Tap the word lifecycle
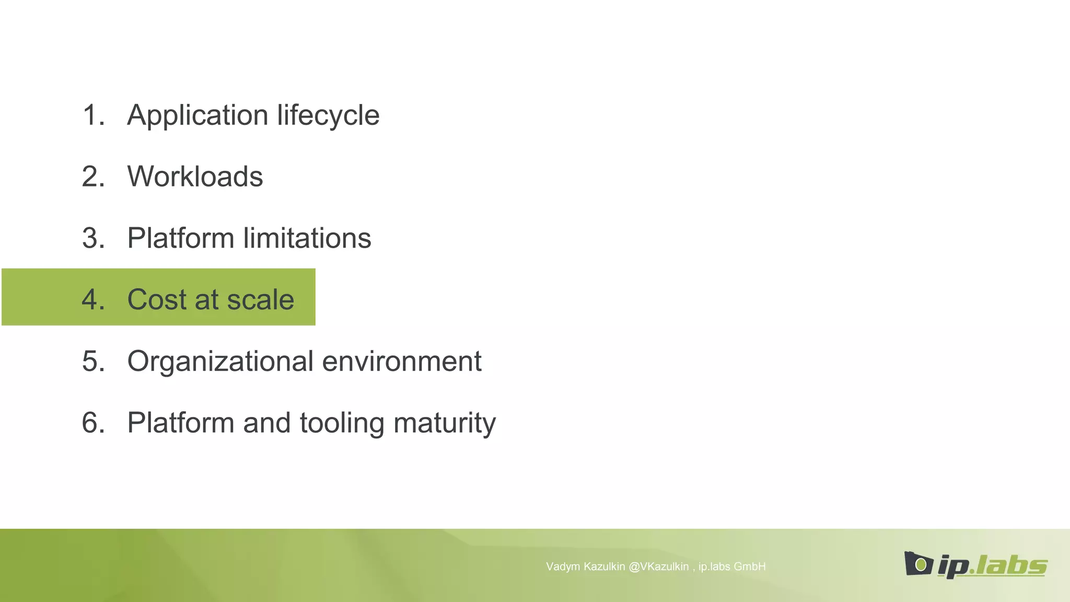328,115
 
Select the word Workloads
195,177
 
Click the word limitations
307,238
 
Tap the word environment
402,361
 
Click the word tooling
342,423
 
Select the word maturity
445,423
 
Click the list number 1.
93,115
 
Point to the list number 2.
93,177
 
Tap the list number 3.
93,238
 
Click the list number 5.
93,361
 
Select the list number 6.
93,423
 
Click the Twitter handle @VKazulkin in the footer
659,566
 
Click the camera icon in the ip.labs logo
918,564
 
